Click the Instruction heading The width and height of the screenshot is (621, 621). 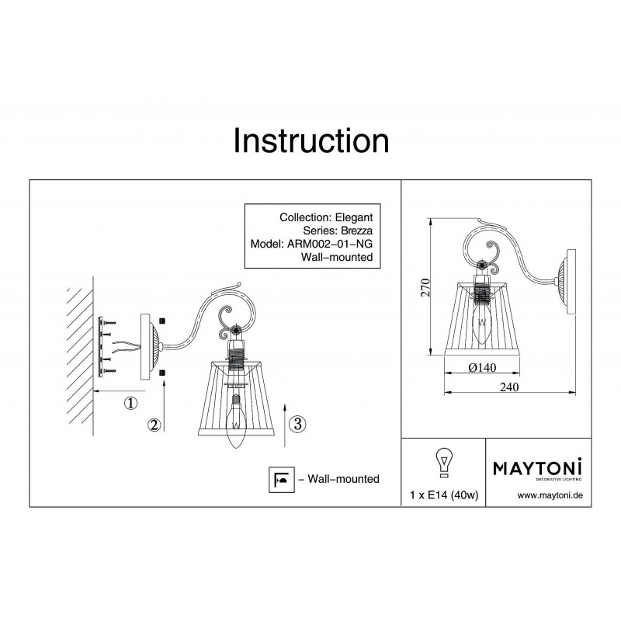[x=311, y=141]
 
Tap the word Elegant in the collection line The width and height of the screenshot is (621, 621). [x=354, y=217]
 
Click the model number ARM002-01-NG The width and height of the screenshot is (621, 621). [x=329, y=244]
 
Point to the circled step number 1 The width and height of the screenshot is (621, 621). [x=130, y=404]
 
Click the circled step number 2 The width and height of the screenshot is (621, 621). [x=154, y=425]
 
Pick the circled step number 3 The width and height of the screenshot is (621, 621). [x=297, y=424]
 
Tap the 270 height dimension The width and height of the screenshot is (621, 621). [x=425, y=287]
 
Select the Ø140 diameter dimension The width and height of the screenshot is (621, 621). [x=482, y=368]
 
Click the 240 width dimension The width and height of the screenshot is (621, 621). [x=509, y=387]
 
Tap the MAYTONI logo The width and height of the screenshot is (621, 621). [x=537, y=470]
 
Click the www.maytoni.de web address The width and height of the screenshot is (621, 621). [x=550, y=495]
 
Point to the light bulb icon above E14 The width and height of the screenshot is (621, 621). [x=444, y=463]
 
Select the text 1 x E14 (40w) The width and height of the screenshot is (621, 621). [x=444, y=495]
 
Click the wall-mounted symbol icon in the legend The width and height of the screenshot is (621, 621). [x=282, y=480]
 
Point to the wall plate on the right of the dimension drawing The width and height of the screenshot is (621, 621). [x=571, y=282]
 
